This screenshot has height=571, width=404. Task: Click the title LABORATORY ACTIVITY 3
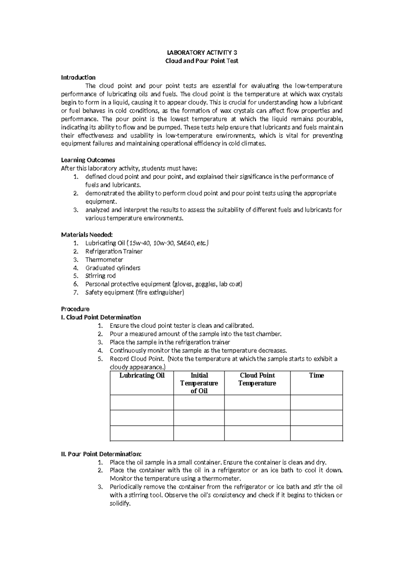[x=202, y=53]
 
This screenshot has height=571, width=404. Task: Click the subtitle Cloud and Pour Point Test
[x=202, y=61]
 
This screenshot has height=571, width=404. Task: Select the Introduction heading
[x=78, y=77]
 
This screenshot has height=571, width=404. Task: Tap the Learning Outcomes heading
[x=88, y=160]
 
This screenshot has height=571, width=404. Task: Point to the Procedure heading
[x=75, y=309]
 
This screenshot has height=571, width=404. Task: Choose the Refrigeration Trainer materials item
[x=114, y=251]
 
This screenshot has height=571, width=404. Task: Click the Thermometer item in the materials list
[x=104, y=260]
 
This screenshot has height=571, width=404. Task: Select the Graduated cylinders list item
[x=113, y=268]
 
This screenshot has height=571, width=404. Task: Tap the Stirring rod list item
[x=100, y=276]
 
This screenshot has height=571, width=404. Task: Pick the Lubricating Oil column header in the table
[x=142, y=375]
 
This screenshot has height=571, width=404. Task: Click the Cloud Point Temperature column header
[x=257, y=379]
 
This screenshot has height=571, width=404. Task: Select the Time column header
[x=316, y=375]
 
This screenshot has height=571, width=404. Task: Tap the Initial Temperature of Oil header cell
[x=199, y=383]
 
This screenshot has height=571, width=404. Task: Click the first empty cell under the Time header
[x=316, y=402]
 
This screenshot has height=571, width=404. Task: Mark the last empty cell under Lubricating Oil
[x=142, y=433]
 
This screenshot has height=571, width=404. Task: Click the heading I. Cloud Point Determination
[x=101, y=317]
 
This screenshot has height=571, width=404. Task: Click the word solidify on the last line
[x=120, y=504]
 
